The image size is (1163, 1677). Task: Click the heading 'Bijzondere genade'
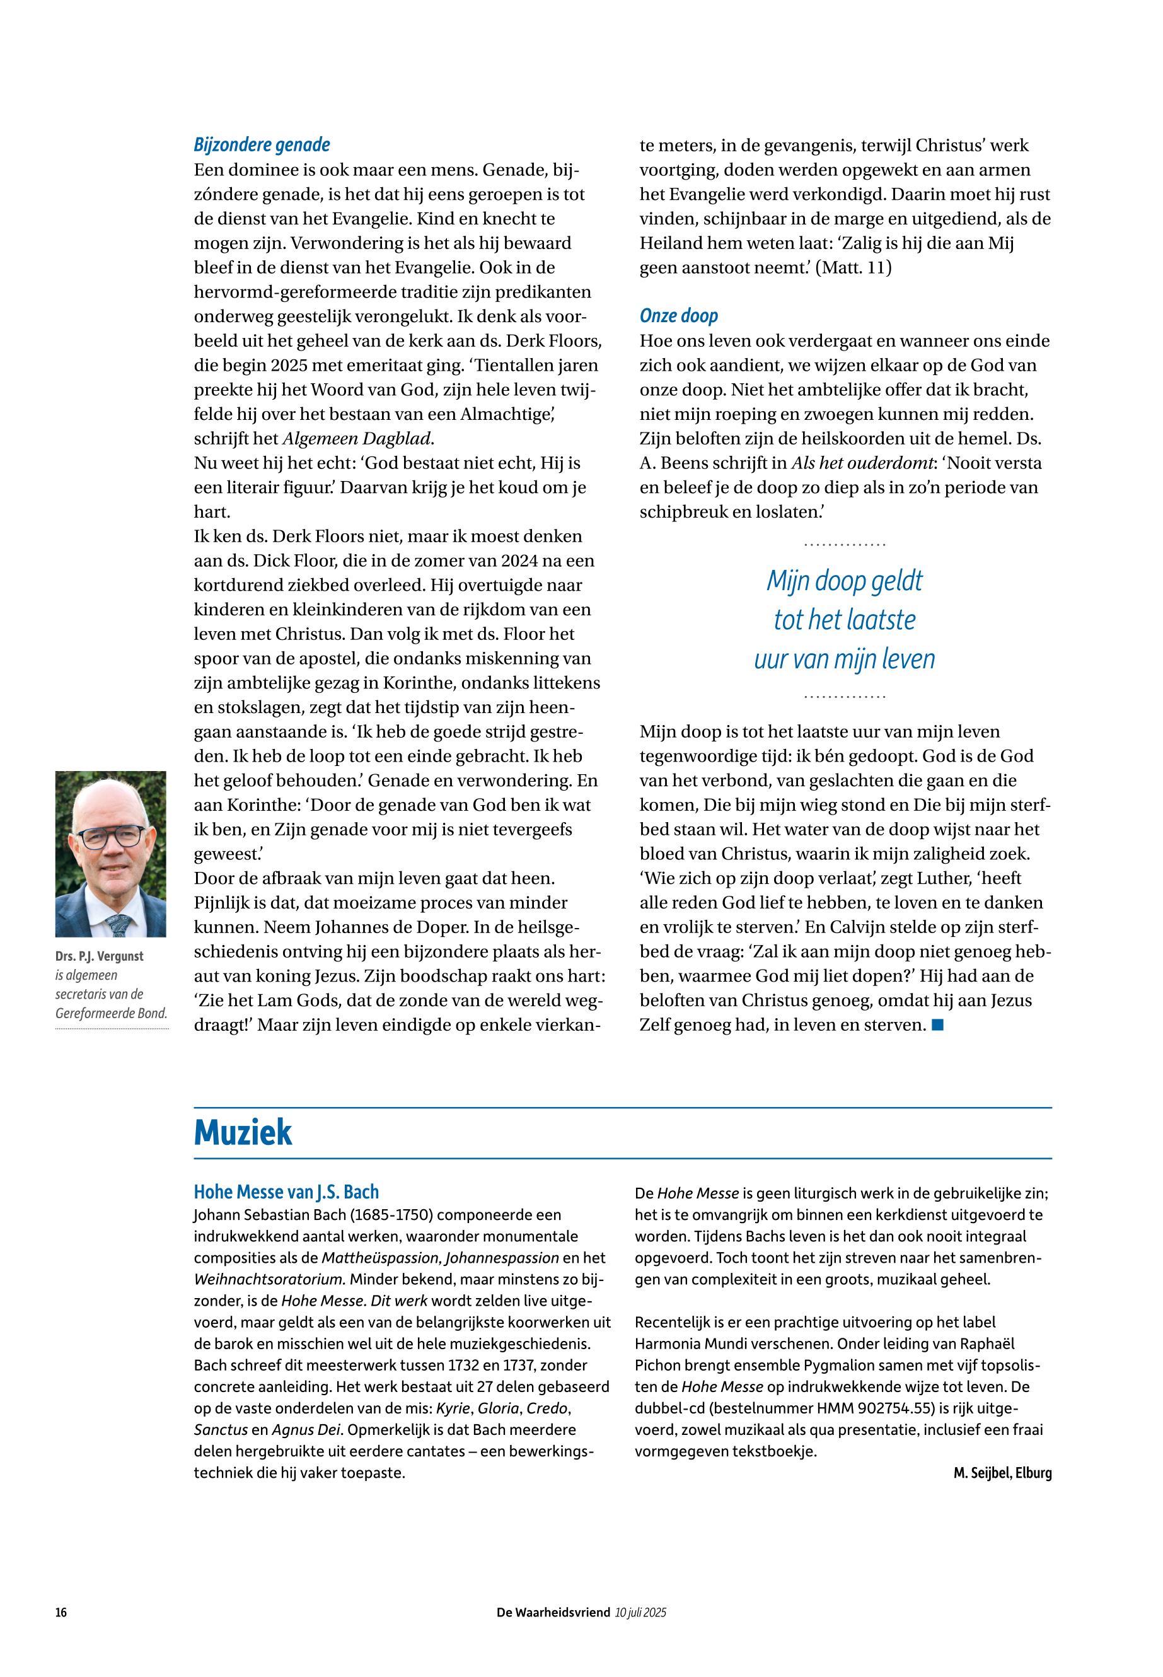pos(262,145)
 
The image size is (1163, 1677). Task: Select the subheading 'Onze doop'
pos(678,316)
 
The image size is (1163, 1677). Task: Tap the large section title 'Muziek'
pos(243,1132)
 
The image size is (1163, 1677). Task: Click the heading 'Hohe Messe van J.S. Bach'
pos(286,1192)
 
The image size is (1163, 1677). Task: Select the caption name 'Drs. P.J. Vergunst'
pos(99,956)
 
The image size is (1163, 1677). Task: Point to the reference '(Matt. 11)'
pos(853,267)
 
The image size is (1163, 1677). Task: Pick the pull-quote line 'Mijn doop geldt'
pos(844,581)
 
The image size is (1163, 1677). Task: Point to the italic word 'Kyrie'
pos(452,1408)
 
